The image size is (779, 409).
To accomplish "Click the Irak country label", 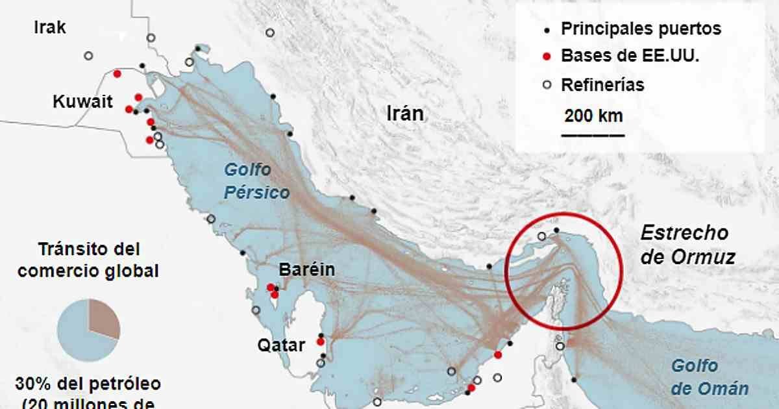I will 51,28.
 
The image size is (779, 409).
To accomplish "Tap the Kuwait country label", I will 83,102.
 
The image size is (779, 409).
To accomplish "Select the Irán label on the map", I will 404,114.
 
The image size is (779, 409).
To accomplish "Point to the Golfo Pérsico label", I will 256,181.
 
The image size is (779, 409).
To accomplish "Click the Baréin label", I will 307,269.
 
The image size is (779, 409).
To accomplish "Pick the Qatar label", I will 281,345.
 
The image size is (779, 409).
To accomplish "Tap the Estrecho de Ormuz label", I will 687,245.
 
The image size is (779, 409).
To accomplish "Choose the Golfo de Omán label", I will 709,377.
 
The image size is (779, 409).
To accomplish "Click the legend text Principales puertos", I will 641,29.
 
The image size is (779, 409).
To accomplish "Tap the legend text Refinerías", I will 602,84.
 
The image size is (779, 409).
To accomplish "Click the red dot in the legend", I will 547,56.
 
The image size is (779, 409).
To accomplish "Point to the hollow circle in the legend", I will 547,84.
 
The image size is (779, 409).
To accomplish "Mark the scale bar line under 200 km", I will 593,135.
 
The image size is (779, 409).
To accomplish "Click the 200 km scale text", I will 593,116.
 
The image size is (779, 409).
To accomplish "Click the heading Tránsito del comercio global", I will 88,260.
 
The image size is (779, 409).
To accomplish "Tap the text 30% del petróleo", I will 88,383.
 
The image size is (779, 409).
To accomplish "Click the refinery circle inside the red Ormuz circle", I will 542,236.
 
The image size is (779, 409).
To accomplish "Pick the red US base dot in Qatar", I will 320,341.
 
